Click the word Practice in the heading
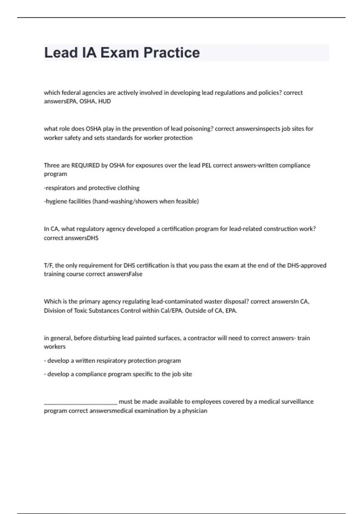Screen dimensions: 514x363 pos(172,53)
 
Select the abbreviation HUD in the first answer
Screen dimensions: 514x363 pos(104,101)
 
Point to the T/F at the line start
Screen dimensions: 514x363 pos(48,265)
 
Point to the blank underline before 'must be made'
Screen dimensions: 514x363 pos(80,403)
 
